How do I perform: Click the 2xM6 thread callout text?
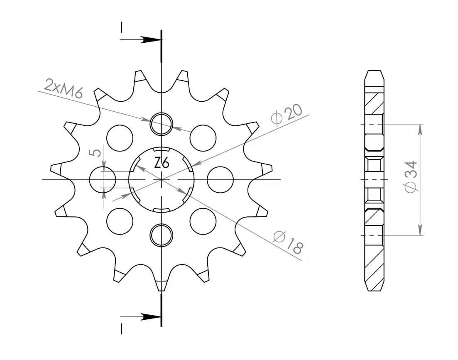point(64,88)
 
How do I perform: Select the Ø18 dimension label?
point(288,242)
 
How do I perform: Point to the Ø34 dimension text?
point(411,176)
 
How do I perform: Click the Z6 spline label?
point(162,162)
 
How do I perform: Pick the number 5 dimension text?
point(95,152)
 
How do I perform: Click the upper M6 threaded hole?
point(161,124)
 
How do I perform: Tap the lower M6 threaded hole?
point(161,235)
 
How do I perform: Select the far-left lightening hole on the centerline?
point(103,179)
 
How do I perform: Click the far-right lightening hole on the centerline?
point(220,179)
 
